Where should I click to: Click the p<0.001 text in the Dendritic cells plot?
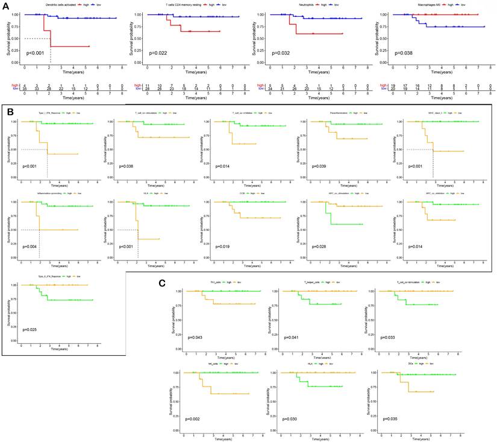click(x=35, y=53)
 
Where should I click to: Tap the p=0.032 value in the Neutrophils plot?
click(x=281, y=53)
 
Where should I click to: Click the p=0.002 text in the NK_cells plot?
click(x=196, y=418)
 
